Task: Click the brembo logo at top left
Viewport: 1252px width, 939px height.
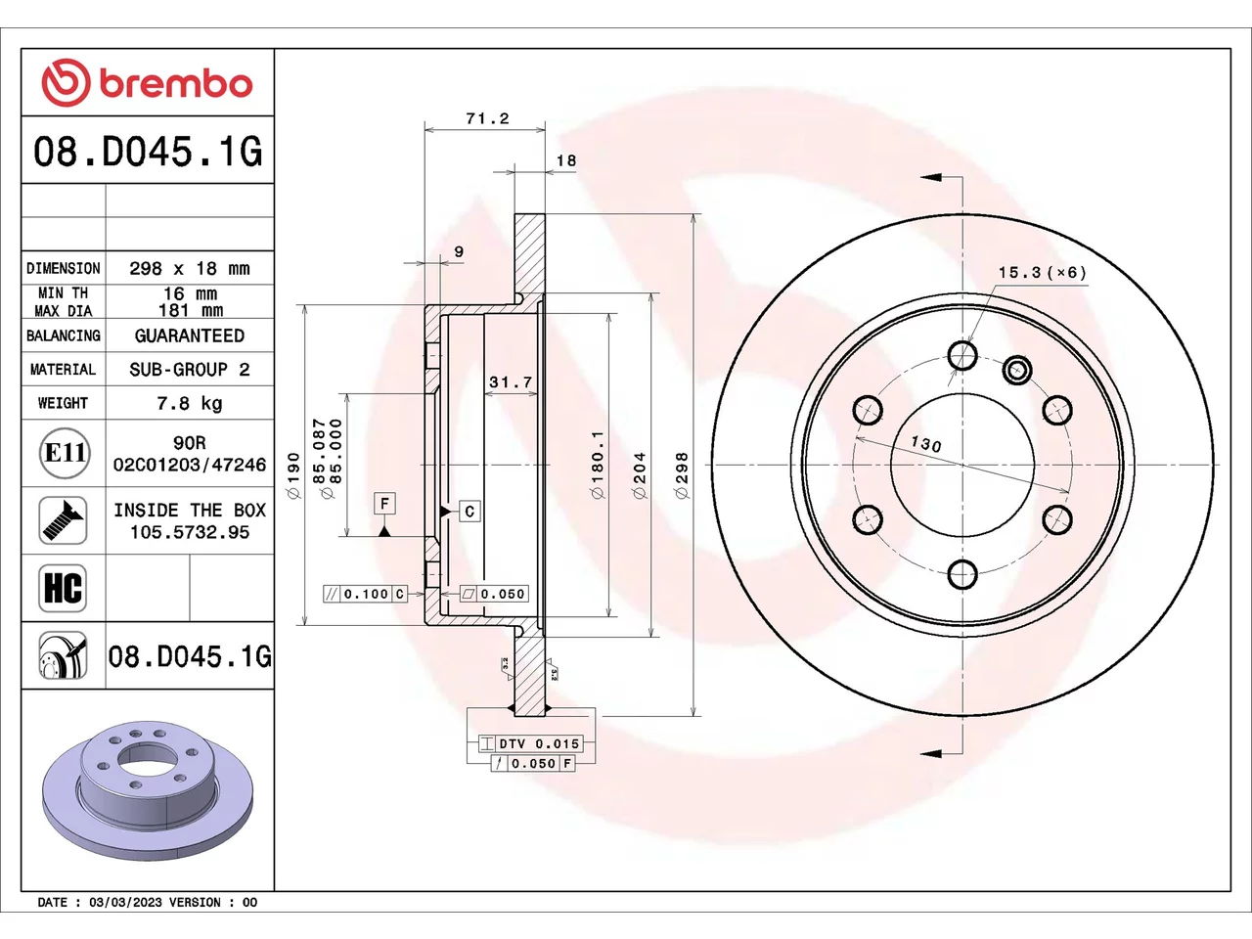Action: [147, 82]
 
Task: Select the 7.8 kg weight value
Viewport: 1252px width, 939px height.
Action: [190, 404]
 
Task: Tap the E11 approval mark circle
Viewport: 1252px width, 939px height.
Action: [65, 453]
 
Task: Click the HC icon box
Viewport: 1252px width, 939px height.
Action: [63, 588]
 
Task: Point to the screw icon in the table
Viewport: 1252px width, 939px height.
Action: [63, 520]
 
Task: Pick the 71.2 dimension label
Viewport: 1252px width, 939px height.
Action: [487, 118]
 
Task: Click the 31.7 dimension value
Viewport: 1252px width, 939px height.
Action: [511, 382]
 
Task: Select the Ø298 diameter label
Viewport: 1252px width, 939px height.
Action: [682, 475]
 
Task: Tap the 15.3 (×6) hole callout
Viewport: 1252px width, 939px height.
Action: [1042, 273]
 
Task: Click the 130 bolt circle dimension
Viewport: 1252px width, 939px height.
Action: [925, 443]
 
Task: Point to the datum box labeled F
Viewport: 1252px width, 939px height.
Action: [385, 504]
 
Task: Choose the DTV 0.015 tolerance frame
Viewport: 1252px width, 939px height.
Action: [531, 743]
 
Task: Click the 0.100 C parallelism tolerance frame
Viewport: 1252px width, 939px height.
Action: [365, 594]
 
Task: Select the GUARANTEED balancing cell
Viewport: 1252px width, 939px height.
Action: [190, 335]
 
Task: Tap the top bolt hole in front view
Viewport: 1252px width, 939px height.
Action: [962, 355]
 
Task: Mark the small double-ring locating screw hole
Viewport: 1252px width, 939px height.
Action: [1016, 371]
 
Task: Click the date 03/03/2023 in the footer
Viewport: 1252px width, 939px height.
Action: [125, 903]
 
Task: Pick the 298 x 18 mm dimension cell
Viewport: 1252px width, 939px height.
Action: [190, 268]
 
